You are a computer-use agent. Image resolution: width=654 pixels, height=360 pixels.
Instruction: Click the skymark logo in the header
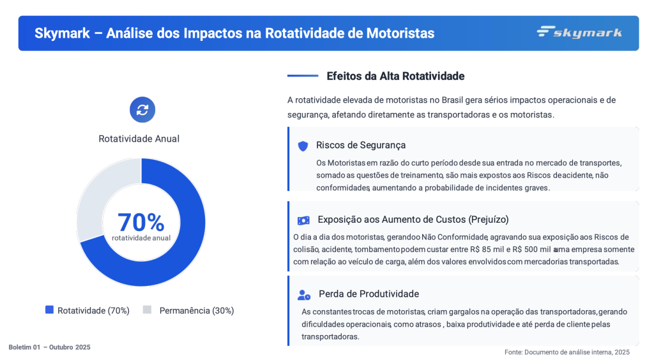[x=579, y=33]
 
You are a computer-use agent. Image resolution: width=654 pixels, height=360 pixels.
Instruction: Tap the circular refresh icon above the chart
[x=142, y=110]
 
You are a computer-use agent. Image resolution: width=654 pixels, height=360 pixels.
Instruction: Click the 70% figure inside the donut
[x=141, y=222]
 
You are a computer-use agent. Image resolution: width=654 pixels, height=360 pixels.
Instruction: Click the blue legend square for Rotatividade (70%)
[x=49, y=310]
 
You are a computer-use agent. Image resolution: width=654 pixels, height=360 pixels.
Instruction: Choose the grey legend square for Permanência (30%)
[x=147, y=310]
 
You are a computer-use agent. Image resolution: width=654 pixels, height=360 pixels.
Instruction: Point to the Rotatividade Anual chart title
[x=139, y=139]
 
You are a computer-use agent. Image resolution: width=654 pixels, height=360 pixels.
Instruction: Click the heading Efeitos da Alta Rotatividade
[x=395, y=76]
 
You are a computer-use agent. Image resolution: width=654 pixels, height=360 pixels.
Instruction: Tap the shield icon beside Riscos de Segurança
[x=303, y=146]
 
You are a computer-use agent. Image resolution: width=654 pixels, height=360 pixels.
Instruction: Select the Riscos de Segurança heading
[x=361, y=145]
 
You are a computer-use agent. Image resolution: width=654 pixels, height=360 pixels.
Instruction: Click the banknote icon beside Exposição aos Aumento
[x=303, y=220]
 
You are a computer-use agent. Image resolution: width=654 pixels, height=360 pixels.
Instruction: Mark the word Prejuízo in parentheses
[x=489, y=220]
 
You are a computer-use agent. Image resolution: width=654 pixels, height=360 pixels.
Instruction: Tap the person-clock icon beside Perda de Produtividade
[x=304, y=295]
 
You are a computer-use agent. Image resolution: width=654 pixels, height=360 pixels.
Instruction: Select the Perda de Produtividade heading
[x=369, y=294]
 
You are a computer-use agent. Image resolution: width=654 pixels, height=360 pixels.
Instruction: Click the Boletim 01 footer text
[x=49, y=347]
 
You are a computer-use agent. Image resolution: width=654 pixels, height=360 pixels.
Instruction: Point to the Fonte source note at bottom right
[x=567, y=352]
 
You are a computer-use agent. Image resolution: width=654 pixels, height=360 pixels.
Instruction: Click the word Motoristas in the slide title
[x=400, y=33]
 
